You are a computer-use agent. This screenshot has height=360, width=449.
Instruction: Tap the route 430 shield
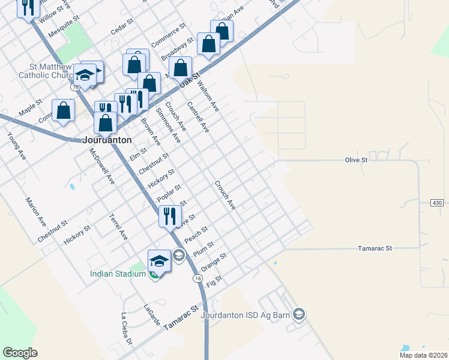point(437,203)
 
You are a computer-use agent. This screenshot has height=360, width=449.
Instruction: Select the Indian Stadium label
point(118,274)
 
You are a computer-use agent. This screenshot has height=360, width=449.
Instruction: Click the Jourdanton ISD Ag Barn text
point(246,315)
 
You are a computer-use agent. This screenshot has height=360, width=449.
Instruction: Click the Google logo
point(20,352)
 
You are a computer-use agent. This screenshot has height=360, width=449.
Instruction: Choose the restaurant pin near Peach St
point(169,216)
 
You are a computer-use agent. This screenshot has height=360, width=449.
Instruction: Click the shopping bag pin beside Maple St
point(63,111)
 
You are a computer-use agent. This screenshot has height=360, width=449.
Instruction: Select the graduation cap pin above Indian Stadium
point(158,260)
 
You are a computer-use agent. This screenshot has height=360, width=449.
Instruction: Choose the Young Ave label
point(16,146)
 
